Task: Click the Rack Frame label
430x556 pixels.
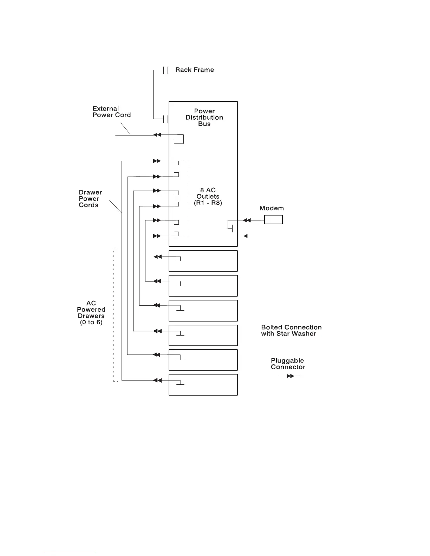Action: pos(194,70)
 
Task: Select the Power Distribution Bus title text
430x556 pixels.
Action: pos(204,117)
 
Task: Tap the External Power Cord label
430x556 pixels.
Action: pos(111,112)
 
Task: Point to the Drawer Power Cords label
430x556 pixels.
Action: pos(90,199)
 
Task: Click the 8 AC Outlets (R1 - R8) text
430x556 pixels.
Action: pos(208,197)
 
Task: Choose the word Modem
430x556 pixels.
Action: pos(272,208)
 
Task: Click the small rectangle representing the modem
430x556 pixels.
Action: pos(273,220)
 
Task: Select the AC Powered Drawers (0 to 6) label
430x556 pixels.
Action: pos(91,312)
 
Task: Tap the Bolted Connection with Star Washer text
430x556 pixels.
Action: pos(291,330)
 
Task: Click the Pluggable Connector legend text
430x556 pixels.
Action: pos(288,364)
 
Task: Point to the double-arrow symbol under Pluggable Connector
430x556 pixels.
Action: pos(290,376)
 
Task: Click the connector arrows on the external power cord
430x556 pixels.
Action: pos(157,135)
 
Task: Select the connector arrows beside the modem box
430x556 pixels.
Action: pos(247,220)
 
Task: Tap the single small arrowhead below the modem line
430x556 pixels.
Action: pos(246,236)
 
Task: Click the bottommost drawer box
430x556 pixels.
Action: pos(203,385)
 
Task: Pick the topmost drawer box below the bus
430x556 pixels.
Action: pos(203,261)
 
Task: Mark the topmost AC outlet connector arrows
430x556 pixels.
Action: pos(157,161)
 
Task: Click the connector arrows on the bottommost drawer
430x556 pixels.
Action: pos(157,380)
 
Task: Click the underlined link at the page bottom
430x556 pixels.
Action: pos(70,553)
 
